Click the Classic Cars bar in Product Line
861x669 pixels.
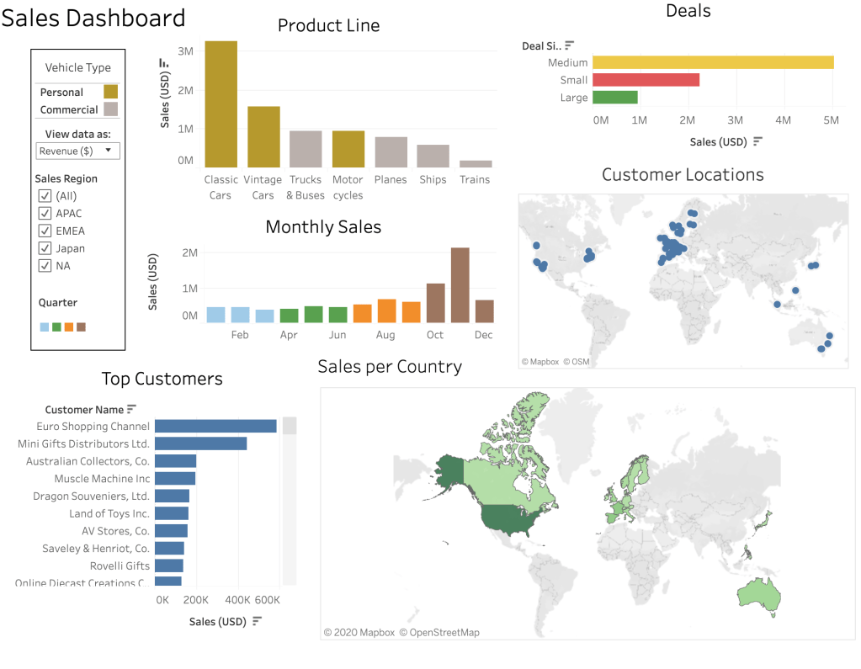[221, 104]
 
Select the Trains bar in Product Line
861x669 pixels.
[476, 163]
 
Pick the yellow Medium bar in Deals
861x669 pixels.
[713, 62]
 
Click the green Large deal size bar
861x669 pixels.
[615, 98]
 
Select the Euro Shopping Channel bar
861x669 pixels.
[215, 427]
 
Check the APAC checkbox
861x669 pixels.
[45, 213]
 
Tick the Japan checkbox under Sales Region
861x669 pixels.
[45, 248]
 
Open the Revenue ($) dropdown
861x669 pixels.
[77, 151]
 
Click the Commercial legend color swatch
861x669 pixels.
[110, 109]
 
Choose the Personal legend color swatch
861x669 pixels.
[110, 92]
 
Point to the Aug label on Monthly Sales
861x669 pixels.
[385, 335]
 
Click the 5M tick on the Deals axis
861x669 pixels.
[831, 120]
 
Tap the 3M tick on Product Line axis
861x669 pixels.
[186, 51]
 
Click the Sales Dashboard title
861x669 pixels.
[93, 18]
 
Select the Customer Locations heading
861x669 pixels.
[683, 174]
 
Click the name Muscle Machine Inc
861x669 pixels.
[102, 479]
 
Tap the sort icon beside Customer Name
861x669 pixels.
[131, 410]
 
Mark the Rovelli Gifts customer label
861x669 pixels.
[120, 565]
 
